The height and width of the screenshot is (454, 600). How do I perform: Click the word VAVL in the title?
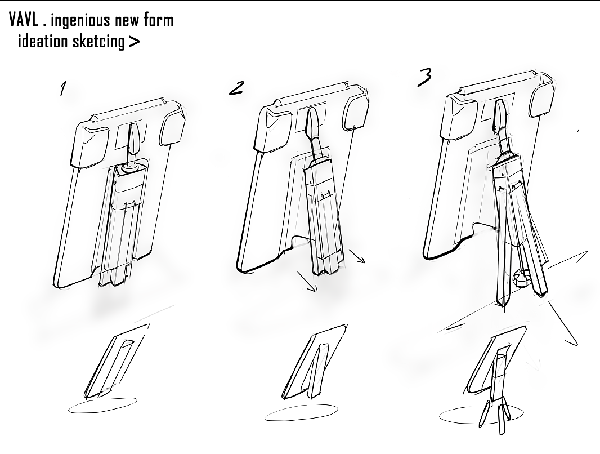pyautogui.click(x=23, y=20)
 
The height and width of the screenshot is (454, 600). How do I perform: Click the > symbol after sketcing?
pyautogui.click(x=134, y=42)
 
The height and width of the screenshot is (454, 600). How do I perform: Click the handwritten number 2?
pyautogui.click(x=236, y=88)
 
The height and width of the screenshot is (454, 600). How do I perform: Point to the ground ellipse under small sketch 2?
pyautogui.click(x=301, y=413)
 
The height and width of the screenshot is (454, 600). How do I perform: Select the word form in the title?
pyautogui.click(x=159, y=21)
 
